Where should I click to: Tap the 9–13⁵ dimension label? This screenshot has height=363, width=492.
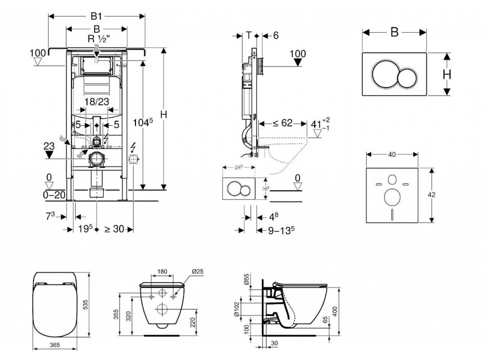[x=281, y=230]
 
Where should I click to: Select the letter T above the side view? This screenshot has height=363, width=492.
[x=248, y=35]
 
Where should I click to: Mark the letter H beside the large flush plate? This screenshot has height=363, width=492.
[x=446, y=74]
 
